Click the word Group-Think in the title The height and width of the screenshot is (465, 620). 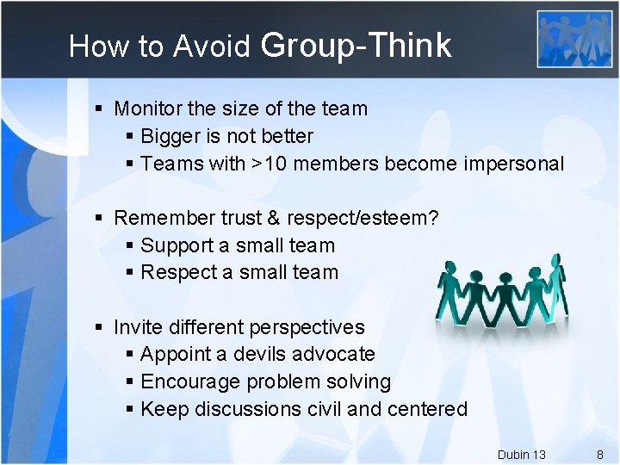pyautogui.click(x=354, y=46)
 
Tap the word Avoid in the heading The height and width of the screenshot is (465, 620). pyautogui.click(x=211, y=46)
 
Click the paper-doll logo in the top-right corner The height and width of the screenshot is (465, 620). pyautogui.click(x=574, y=38)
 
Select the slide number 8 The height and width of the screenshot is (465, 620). pyautogui.click(x=599, y=454)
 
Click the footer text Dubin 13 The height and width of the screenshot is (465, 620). pyautogui.click(x=521, y=454)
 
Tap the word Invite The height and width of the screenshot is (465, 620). pyautogui.click(x=136, y=327)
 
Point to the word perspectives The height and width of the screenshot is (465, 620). pyautogui.click(x=306, y=328)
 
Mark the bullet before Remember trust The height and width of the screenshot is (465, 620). pyautogui.click(x=100, y=218)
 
